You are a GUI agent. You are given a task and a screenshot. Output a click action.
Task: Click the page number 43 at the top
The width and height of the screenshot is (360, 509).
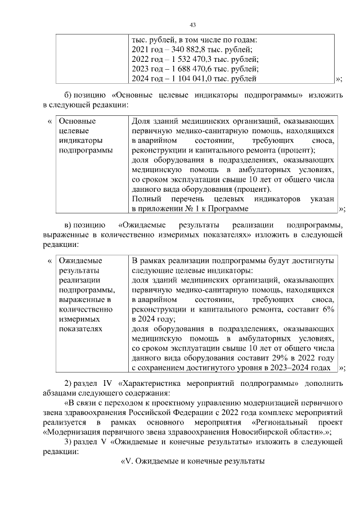(192, 25)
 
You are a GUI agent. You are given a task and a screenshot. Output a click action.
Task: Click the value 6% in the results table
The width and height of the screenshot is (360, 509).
(328, 309)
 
